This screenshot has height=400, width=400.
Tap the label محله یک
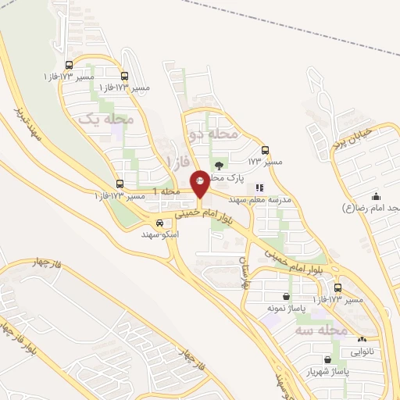107,120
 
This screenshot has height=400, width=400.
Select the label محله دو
212,134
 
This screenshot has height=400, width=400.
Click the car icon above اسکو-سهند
159,222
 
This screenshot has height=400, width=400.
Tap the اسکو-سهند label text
160,234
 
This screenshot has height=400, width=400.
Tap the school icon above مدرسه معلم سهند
259,187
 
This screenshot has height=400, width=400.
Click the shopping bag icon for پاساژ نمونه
287,296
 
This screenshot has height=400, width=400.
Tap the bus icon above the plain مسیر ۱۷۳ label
265,150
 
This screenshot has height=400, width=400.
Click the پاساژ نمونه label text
285,309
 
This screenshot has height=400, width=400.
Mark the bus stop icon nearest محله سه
337,287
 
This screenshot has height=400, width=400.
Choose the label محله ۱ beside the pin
166,191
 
